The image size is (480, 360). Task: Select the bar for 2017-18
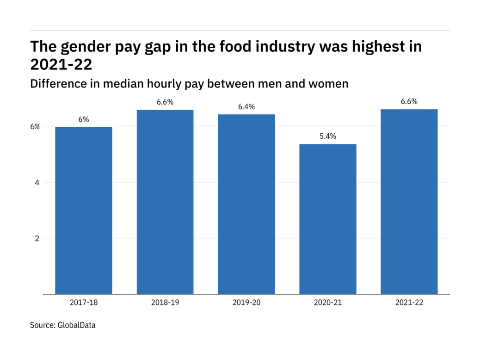click(84, 211)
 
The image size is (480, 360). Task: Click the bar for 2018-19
click(165, 202)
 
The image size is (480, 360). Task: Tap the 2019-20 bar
click(246, 204)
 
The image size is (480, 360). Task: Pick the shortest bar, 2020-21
click(328, 219)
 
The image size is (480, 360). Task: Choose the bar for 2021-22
click(409, 202)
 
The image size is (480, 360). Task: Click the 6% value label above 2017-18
click(84, 119)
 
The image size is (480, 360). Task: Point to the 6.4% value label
click(246, 107)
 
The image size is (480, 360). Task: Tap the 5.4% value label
click(328, 137)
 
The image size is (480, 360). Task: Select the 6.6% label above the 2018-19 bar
click(165, 102)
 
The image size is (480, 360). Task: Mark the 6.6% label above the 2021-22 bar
click(409, 102)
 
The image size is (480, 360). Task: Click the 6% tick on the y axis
click(36, 126)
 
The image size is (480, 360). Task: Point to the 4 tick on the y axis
click(37, 182)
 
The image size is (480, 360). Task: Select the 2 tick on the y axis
click(37, 238)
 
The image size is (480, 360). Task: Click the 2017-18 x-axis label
click(84, 303)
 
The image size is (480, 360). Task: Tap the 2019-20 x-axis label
click(246, 303)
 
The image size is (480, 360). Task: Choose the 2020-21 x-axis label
click(328, 303)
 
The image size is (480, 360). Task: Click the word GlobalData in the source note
click(76, 325)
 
